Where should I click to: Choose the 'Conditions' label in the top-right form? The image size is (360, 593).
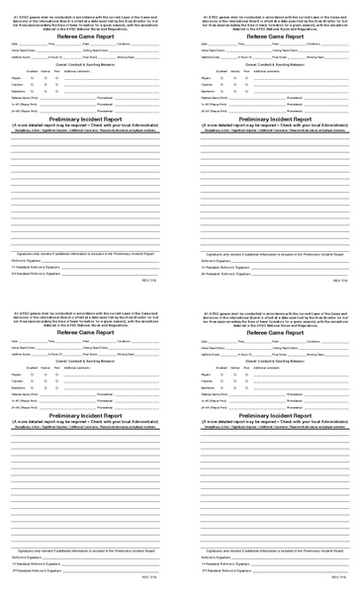(x=314, y=44)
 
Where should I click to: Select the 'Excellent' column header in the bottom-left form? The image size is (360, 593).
(x=32, y=367)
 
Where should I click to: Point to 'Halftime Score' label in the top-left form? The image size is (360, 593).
(x=22, y=57)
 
